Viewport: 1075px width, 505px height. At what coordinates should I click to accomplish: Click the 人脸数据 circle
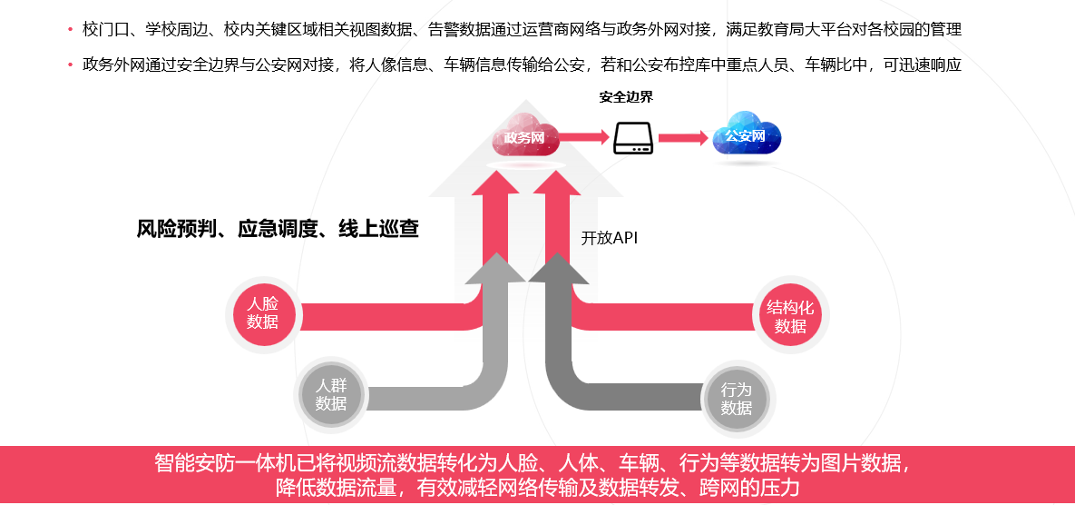click(x=263, y=313)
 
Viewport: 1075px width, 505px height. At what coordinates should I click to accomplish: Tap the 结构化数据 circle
click(x=791, y=316)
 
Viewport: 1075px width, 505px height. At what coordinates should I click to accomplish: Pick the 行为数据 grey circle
click(x=737, y=398)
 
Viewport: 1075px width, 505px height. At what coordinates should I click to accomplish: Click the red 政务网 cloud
click(x=524, y=136)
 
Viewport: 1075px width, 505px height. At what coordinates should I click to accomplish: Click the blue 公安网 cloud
click(x=746, y=136)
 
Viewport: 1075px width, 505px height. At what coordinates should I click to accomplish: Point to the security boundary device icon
click(x=633, y=138)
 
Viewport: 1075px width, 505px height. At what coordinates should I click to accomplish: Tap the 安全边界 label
click(x=626, y=97)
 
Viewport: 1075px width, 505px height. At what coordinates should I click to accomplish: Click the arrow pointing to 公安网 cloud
click(x=682, y=138)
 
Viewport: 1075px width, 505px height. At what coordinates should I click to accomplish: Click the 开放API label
click(x=609, y=238)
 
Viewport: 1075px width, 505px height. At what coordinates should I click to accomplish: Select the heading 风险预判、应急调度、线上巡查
click(x=278, y=229)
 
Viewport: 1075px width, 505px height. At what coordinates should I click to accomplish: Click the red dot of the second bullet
click(x=70, y=64)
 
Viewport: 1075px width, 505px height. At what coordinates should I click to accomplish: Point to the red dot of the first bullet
click(x=70, y=30)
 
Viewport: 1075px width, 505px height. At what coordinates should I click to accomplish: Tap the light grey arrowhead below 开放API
click(x=495, y=268)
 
